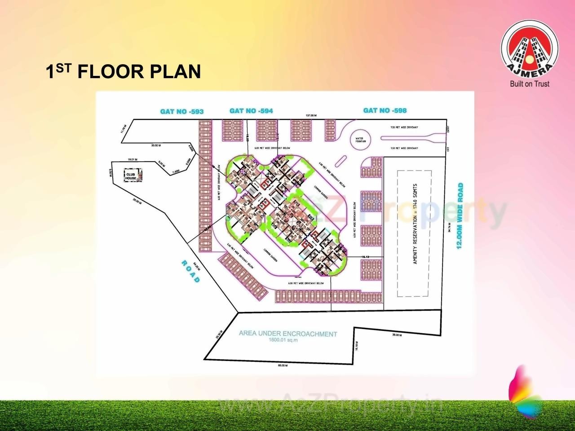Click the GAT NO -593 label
click(x=182, y=111)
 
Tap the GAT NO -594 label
click(x=251, y=111)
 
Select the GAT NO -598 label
click(x=385, y=110)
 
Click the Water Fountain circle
click(x=360, y=140)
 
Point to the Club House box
click(x=131, y=176)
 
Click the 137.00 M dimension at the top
click(x=311, y=116)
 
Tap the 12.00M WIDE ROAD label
click(x=460, y=216)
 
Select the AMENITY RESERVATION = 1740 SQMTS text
click(x=416, y=224)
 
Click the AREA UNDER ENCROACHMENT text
click(x=288, y=334)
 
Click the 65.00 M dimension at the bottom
click(x=283, y=366)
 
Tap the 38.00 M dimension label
click(x=397, y=335)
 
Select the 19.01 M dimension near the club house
click(x=133, y=159)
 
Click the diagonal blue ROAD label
click(x=190, y=271)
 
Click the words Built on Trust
click(x=530, y=84)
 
